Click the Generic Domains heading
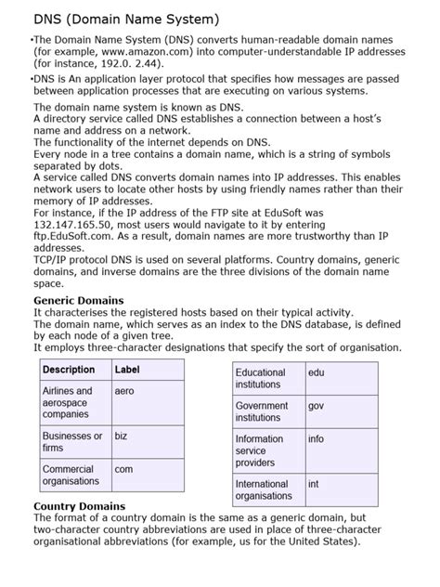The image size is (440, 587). (x=78, y=301)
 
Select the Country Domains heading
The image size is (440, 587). (x=79, y=505)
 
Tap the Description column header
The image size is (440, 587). (x=69, y=369)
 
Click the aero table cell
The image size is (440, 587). (x=124, y=392)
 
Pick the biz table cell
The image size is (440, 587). (x=123, y=436)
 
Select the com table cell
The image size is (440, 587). (x=123, y=470)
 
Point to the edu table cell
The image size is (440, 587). (x=317, y=372)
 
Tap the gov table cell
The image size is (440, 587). (x=317, y=406)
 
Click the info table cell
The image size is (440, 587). (x=317, y=439)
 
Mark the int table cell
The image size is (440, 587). (x=314, y=484)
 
